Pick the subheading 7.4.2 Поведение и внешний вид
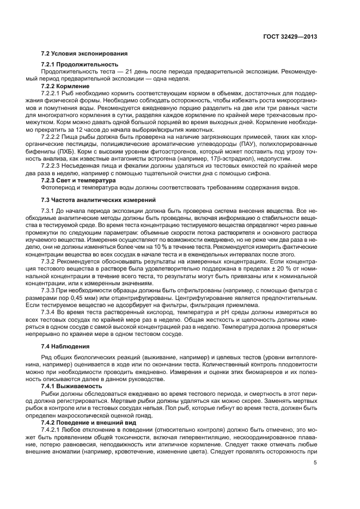(x=88, y=422)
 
